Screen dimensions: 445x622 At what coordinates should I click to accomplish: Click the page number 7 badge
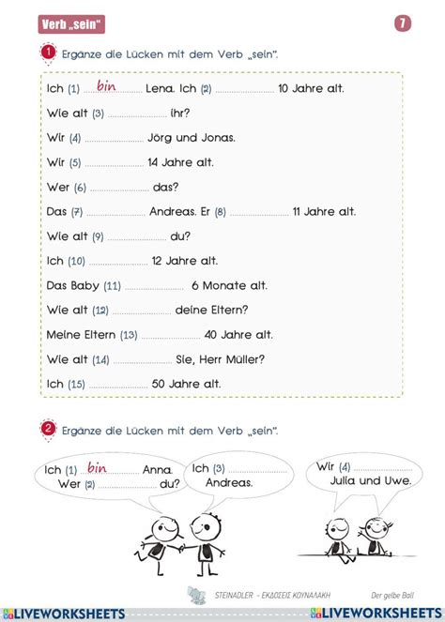coord(403,23)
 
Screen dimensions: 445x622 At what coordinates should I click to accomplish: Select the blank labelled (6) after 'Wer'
coord(118,187)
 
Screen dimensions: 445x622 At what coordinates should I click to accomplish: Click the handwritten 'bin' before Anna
coord(98,467)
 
